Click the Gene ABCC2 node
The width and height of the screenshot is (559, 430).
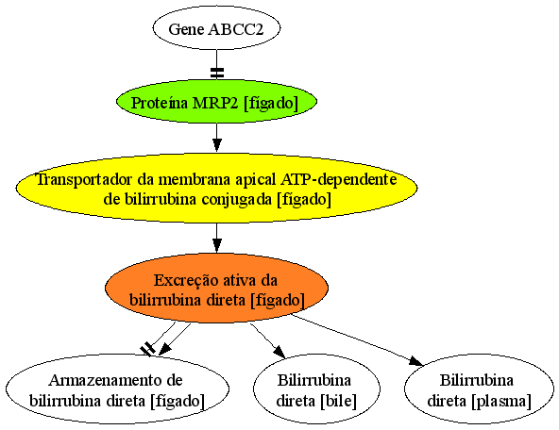[216, 28]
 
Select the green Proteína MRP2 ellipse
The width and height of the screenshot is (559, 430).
[216, 103]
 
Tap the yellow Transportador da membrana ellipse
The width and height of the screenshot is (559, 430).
[216, 189]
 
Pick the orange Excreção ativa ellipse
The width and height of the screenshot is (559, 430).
[216, 289]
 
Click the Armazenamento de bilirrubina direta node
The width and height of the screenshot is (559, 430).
[117, 389]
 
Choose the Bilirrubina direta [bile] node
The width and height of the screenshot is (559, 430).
[316, 389]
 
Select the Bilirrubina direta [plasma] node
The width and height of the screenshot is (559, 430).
[479, 389]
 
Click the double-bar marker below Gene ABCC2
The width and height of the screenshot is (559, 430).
[217, 73]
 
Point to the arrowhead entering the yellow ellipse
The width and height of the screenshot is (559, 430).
[217, 145]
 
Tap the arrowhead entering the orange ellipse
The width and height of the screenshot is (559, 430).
[217, 245]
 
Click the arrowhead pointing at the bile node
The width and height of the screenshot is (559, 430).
[280, 352]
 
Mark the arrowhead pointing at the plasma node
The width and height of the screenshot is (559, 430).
[416, 361]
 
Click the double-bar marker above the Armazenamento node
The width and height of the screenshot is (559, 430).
[147, 349]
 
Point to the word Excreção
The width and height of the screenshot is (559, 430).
[180, 280]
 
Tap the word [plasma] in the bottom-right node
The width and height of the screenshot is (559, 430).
[501, 401]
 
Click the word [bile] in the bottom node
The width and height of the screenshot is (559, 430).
[338, 401]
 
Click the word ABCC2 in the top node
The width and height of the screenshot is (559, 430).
[236, 29]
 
